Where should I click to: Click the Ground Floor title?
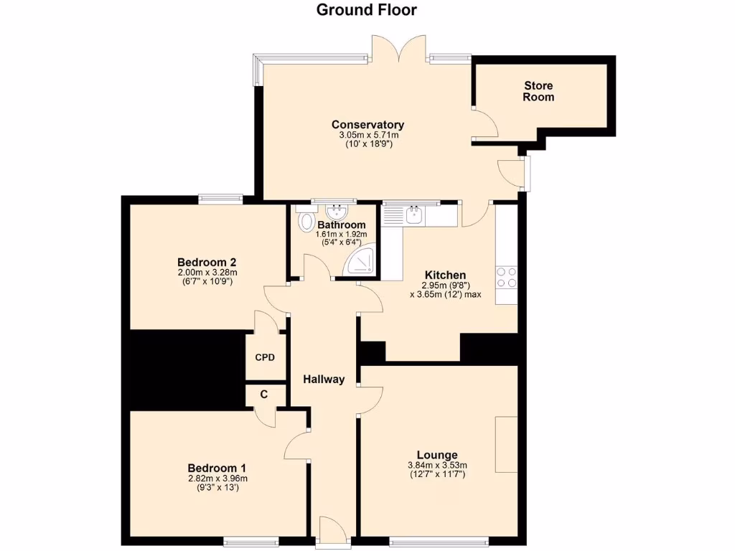(x=367, y=10)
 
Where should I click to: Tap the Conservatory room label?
(x=367, y=125)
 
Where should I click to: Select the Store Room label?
(x=538, y=91)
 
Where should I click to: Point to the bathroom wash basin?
(x=335, y=212)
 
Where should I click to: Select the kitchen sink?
(x=414, y=215)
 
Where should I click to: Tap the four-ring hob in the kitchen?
(x=505, y=277)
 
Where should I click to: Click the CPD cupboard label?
(x=265, y=357)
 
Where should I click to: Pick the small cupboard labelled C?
(x=264, y=394)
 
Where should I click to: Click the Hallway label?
(x=323, y=380)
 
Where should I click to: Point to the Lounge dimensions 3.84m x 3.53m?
(x=437, y=465)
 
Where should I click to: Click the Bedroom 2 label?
(x=207, y=262)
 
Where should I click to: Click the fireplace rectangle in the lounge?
(x=506, y=444)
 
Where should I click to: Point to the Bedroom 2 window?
(x=220, y=199)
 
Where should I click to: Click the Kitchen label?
(x=445, y=275)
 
